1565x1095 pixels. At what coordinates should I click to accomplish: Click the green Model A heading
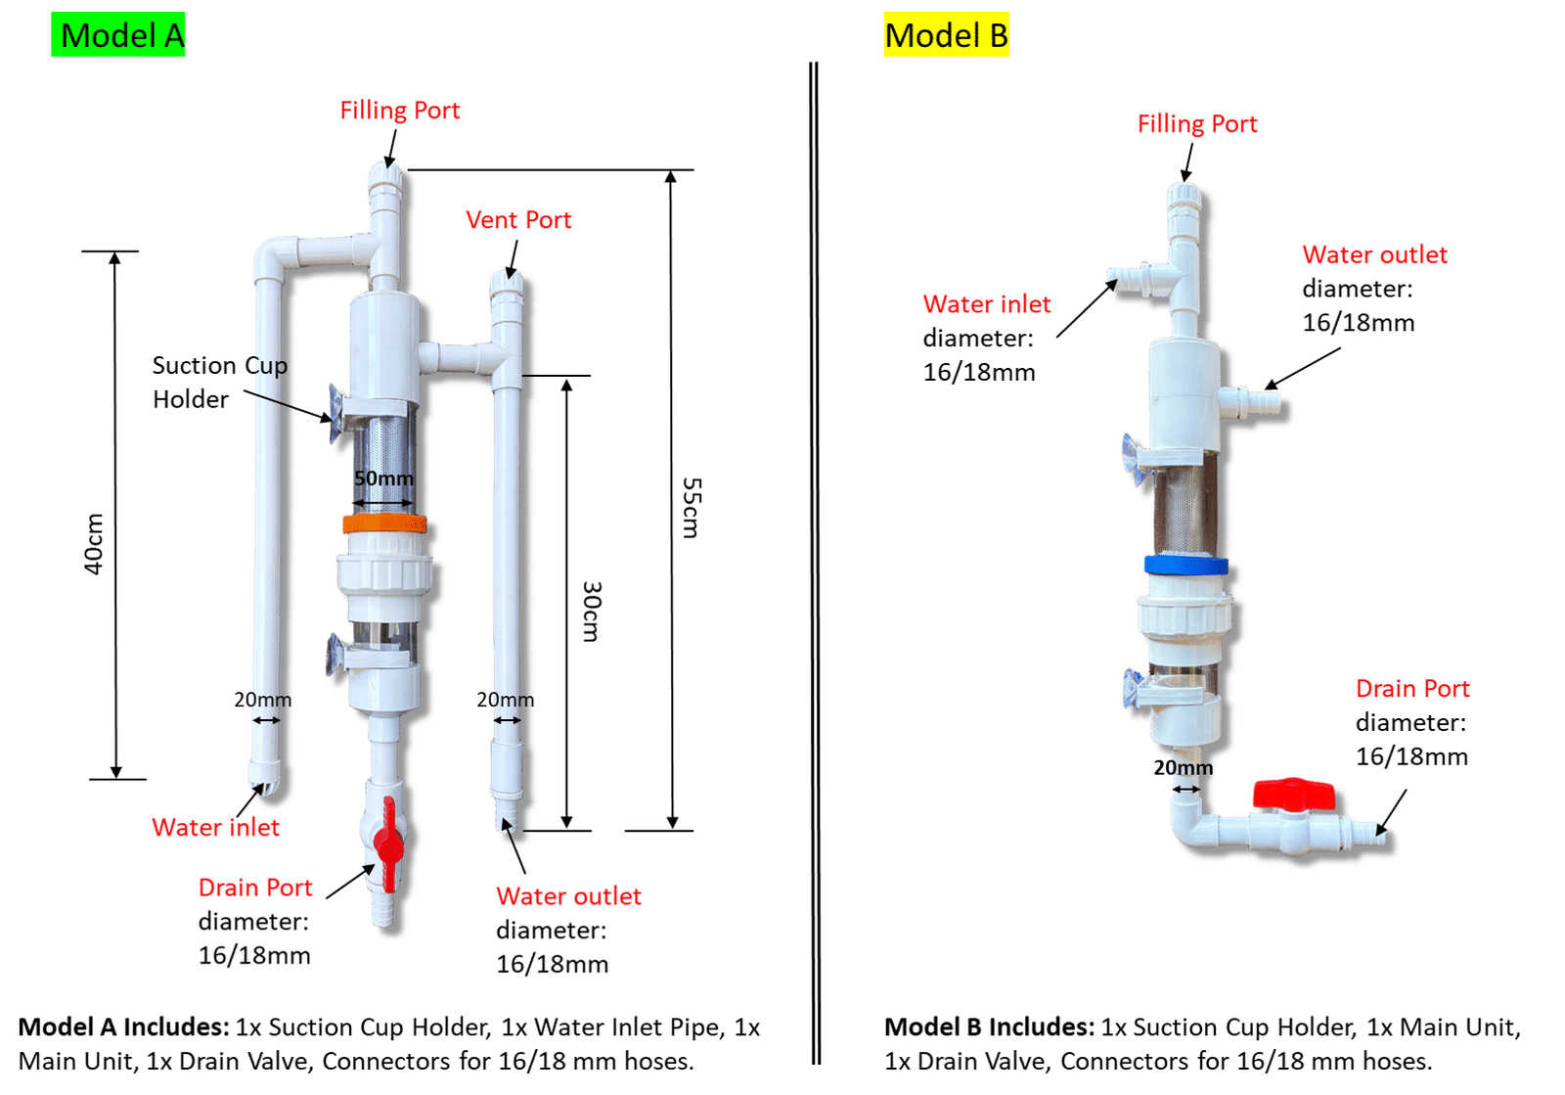(x=118, y=36)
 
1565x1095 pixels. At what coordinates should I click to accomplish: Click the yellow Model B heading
(x=946, y=36)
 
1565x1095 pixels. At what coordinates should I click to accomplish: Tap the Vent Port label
(x=518, y=220)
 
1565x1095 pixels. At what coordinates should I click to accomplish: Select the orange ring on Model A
(x=383, y=524)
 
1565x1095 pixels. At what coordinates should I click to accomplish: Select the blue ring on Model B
(x=1185, y=566)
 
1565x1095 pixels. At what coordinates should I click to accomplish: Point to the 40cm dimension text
(x=94, y=543)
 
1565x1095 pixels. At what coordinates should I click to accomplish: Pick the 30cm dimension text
(x=591, y=612)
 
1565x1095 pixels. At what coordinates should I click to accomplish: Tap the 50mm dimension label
(x=383, y=479)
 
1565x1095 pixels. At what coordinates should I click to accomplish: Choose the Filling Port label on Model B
(x=1196, y=124)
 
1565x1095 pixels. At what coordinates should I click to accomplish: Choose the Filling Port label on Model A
(x=400, y=111)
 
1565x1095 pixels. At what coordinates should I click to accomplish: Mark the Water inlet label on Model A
(x=215, y=828)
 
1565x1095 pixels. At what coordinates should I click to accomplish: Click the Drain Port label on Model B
(x=1411, y=689)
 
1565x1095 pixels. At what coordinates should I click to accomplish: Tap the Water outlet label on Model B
(x=1374, y=255)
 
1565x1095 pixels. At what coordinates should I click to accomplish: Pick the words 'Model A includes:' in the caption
(x=123, y=1027)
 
